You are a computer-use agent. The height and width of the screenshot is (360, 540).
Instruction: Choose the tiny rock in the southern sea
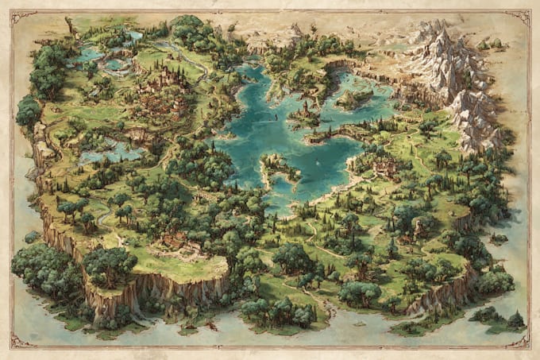coord(212,326)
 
